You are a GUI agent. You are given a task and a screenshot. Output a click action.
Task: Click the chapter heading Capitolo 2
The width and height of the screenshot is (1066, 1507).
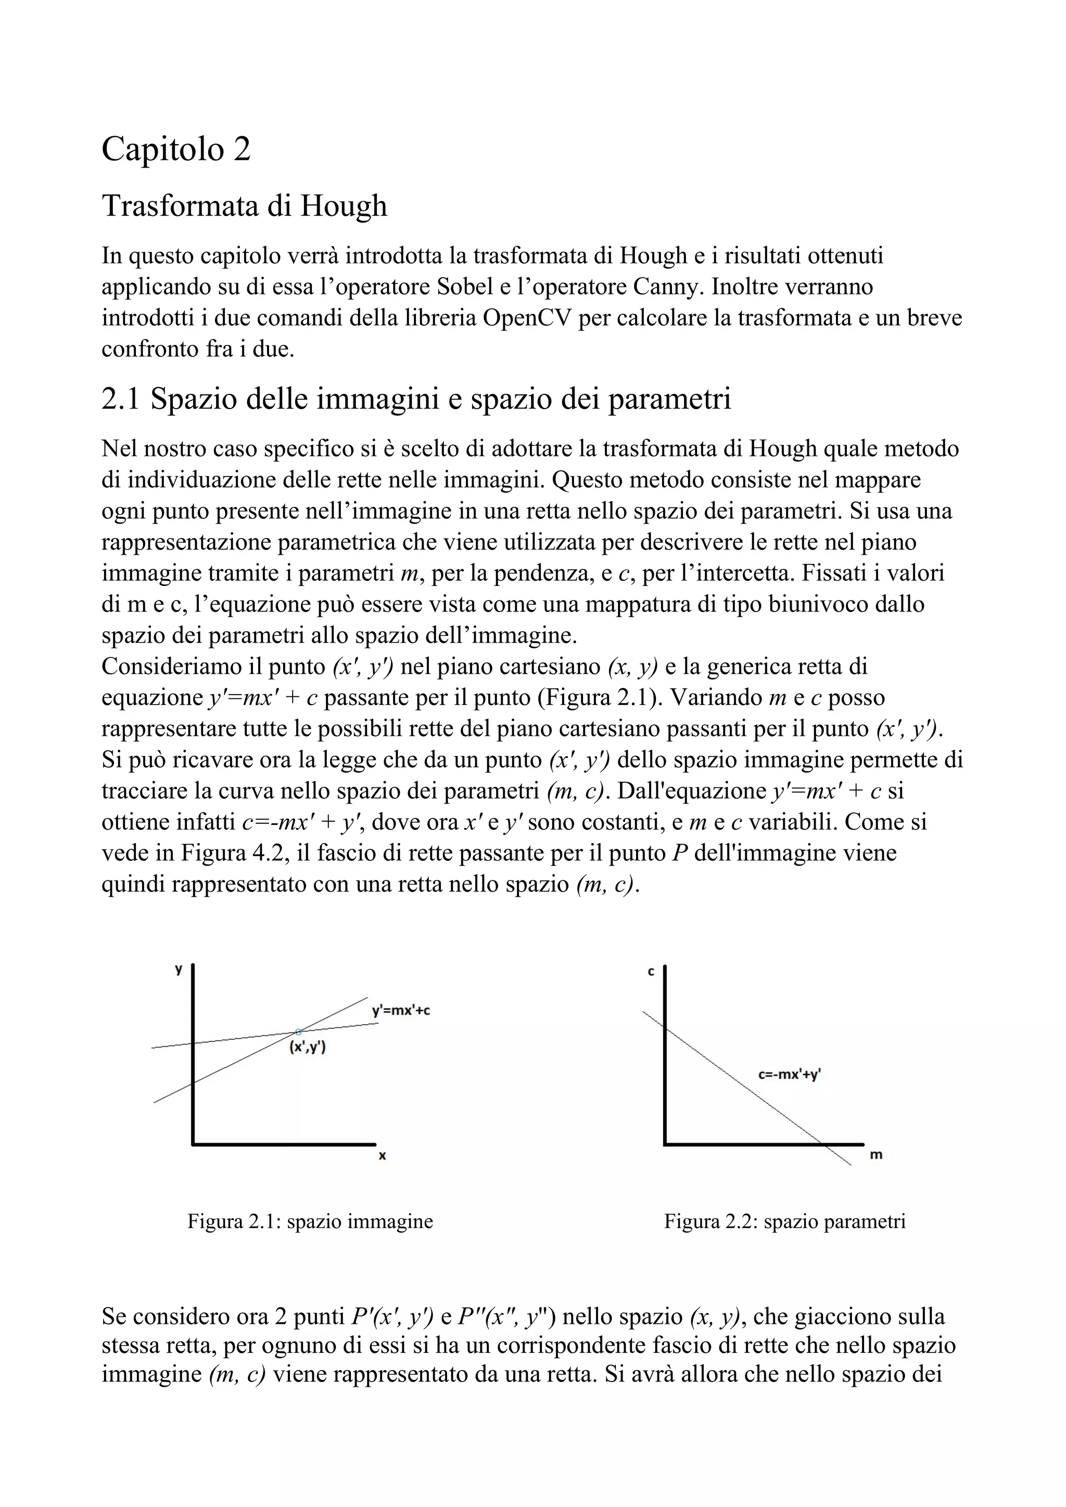[176, 149]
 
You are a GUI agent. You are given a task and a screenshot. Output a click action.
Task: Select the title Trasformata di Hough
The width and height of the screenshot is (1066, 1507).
[244, 206]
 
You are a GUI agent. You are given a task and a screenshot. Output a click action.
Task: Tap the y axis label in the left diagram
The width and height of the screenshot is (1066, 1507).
[178, 969]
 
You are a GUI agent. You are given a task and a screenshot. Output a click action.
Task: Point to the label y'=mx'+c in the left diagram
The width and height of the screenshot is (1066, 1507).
[401, 1011]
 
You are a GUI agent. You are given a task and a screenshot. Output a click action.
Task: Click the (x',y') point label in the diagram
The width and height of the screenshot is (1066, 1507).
[308, 1048]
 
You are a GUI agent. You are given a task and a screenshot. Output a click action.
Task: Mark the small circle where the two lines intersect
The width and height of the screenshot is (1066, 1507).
[299, 1032]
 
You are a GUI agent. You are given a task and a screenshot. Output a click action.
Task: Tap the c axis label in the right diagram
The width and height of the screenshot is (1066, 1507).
[651, 972]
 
